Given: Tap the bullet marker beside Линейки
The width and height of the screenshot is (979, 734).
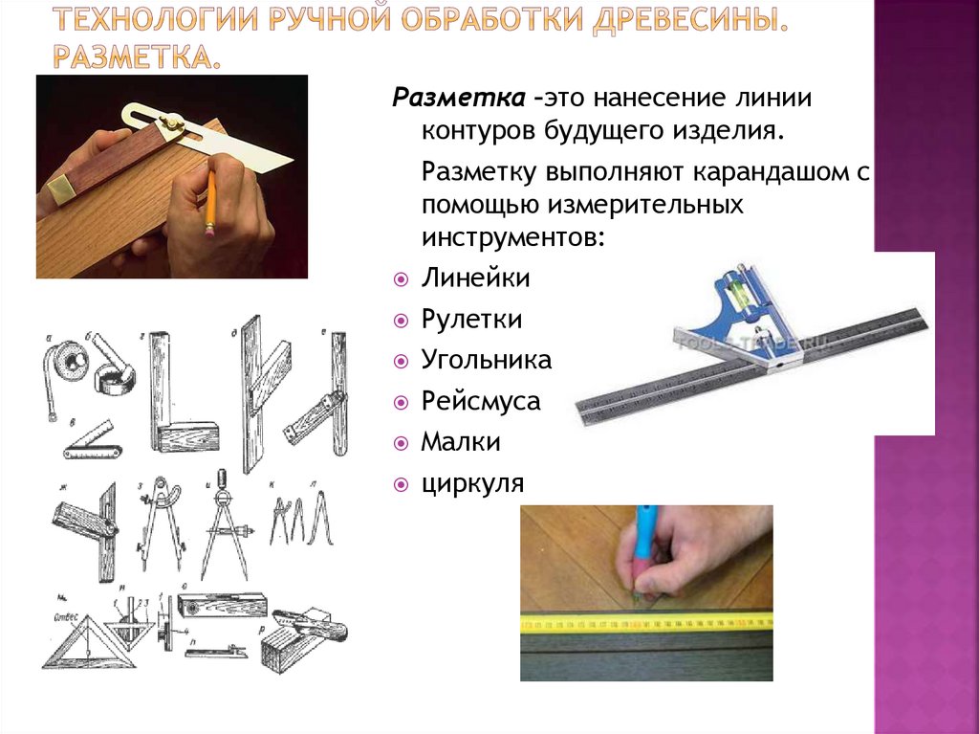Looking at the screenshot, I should point(401,279).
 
